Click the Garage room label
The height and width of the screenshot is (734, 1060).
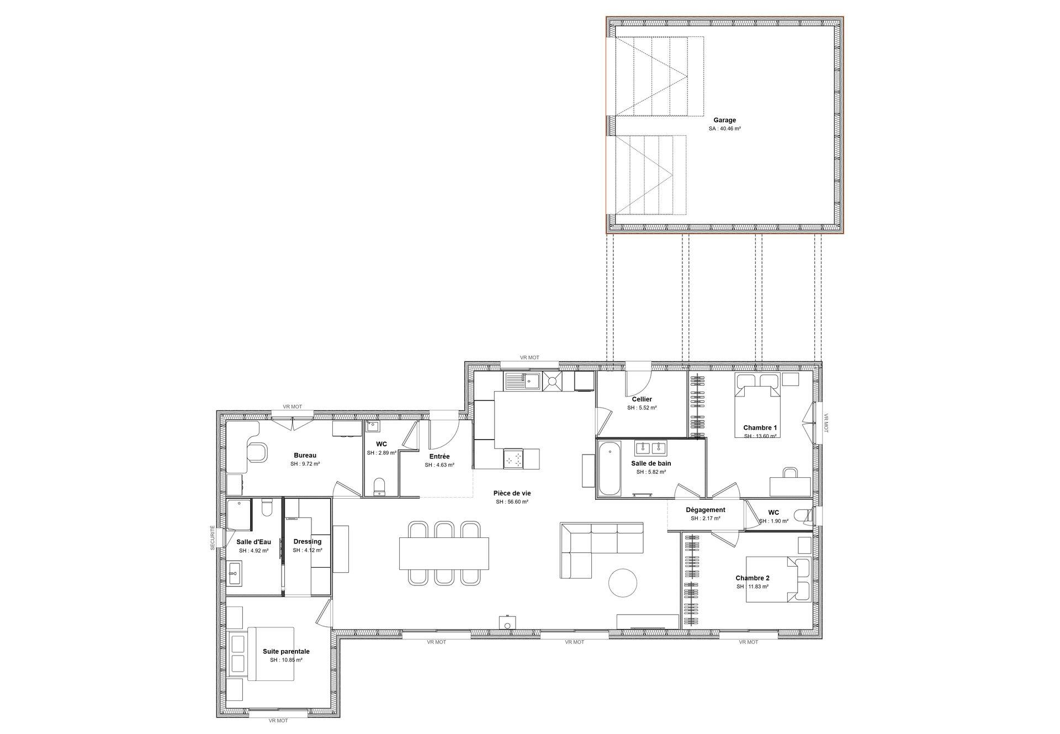724,120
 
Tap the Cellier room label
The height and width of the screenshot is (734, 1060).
642,399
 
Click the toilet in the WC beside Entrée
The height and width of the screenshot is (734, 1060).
379,487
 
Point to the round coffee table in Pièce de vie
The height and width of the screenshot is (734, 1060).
623,582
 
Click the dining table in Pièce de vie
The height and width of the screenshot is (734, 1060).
444,553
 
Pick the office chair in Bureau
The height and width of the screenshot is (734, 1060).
257,452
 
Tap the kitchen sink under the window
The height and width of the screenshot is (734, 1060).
523,381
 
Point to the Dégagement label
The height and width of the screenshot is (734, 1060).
706,510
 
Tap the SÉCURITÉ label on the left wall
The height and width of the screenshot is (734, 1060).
213,538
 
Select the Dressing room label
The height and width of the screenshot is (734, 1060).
308,541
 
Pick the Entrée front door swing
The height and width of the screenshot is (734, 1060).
444,434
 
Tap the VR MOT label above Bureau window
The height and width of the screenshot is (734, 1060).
292,406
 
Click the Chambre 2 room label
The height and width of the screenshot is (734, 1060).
752,578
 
